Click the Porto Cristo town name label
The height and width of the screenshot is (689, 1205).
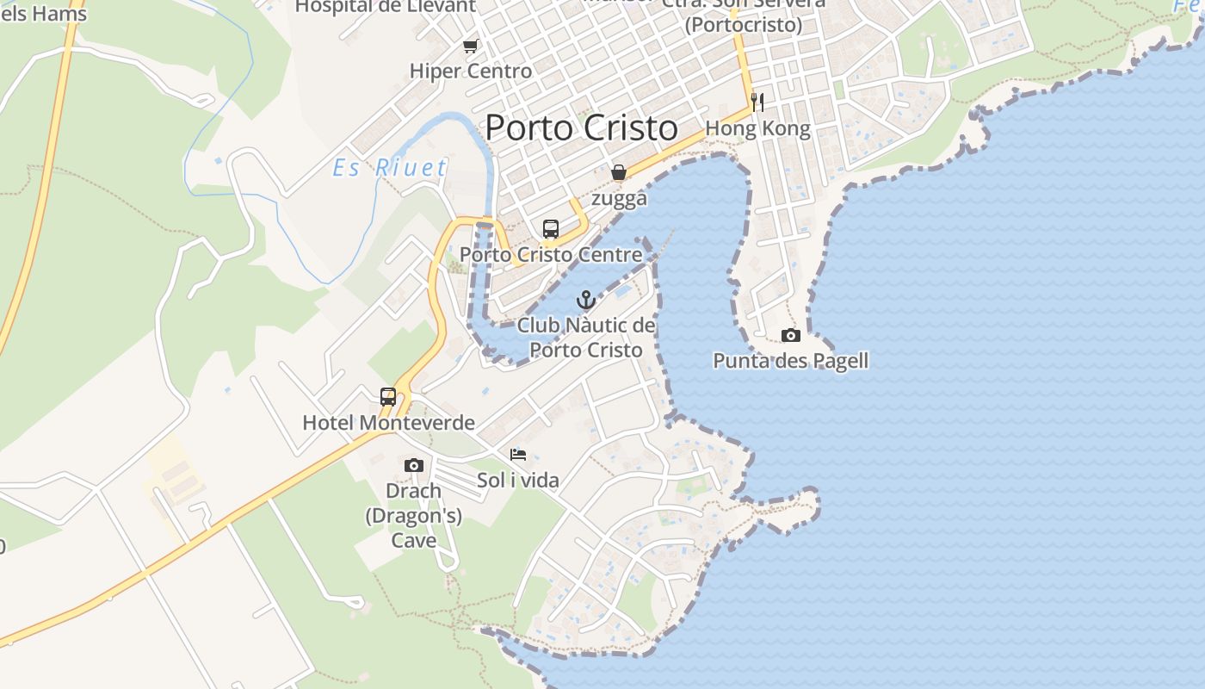pos(582,128)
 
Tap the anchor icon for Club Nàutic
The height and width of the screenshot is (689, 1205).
pos(586,300)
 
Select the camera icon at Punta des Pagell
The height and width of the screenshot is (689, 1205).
pos(790,335)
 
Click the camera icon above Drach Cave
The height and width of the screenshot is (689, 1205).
pos(414,465)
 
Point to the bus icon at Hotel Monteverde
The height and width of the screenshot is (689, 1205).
pos(388,396)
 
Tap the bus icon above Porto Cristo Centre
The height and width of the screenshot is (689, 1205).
pos(551,229)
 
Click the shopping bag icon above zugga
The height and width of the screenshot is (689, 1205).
pos(618,173)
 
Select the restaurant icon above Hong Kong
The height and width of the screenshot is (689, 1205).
pos(757,102)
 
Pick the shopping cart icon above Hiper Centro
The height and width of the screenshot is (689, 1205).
pos(470,46)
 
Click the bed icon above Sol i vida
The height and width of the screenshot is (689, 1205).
pos(518,455)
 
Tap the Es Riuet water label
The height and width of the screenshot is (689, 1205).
pos(390,167)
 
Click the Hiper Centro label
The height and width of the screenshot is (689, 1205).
pos(471,71)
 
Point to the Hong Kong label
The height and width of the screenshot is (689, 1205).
pos(757,129)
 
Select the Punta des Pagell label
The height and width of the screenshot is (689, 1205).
pos(790,360)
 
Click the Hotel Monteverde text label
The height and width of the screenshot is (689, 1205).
pos(389,422)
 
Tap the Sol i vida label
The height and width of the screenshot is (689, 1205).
pos(518,480)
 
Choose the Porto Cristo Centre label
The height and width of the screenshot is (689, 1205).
pos(551,255)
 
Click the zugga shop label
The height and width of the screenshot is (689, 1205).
pos(619,198)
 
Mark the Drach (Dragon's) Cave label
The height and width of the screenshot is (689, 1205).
pos(414,515)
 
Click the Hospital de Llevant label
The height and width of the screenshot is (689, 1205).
pos(385,6)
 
